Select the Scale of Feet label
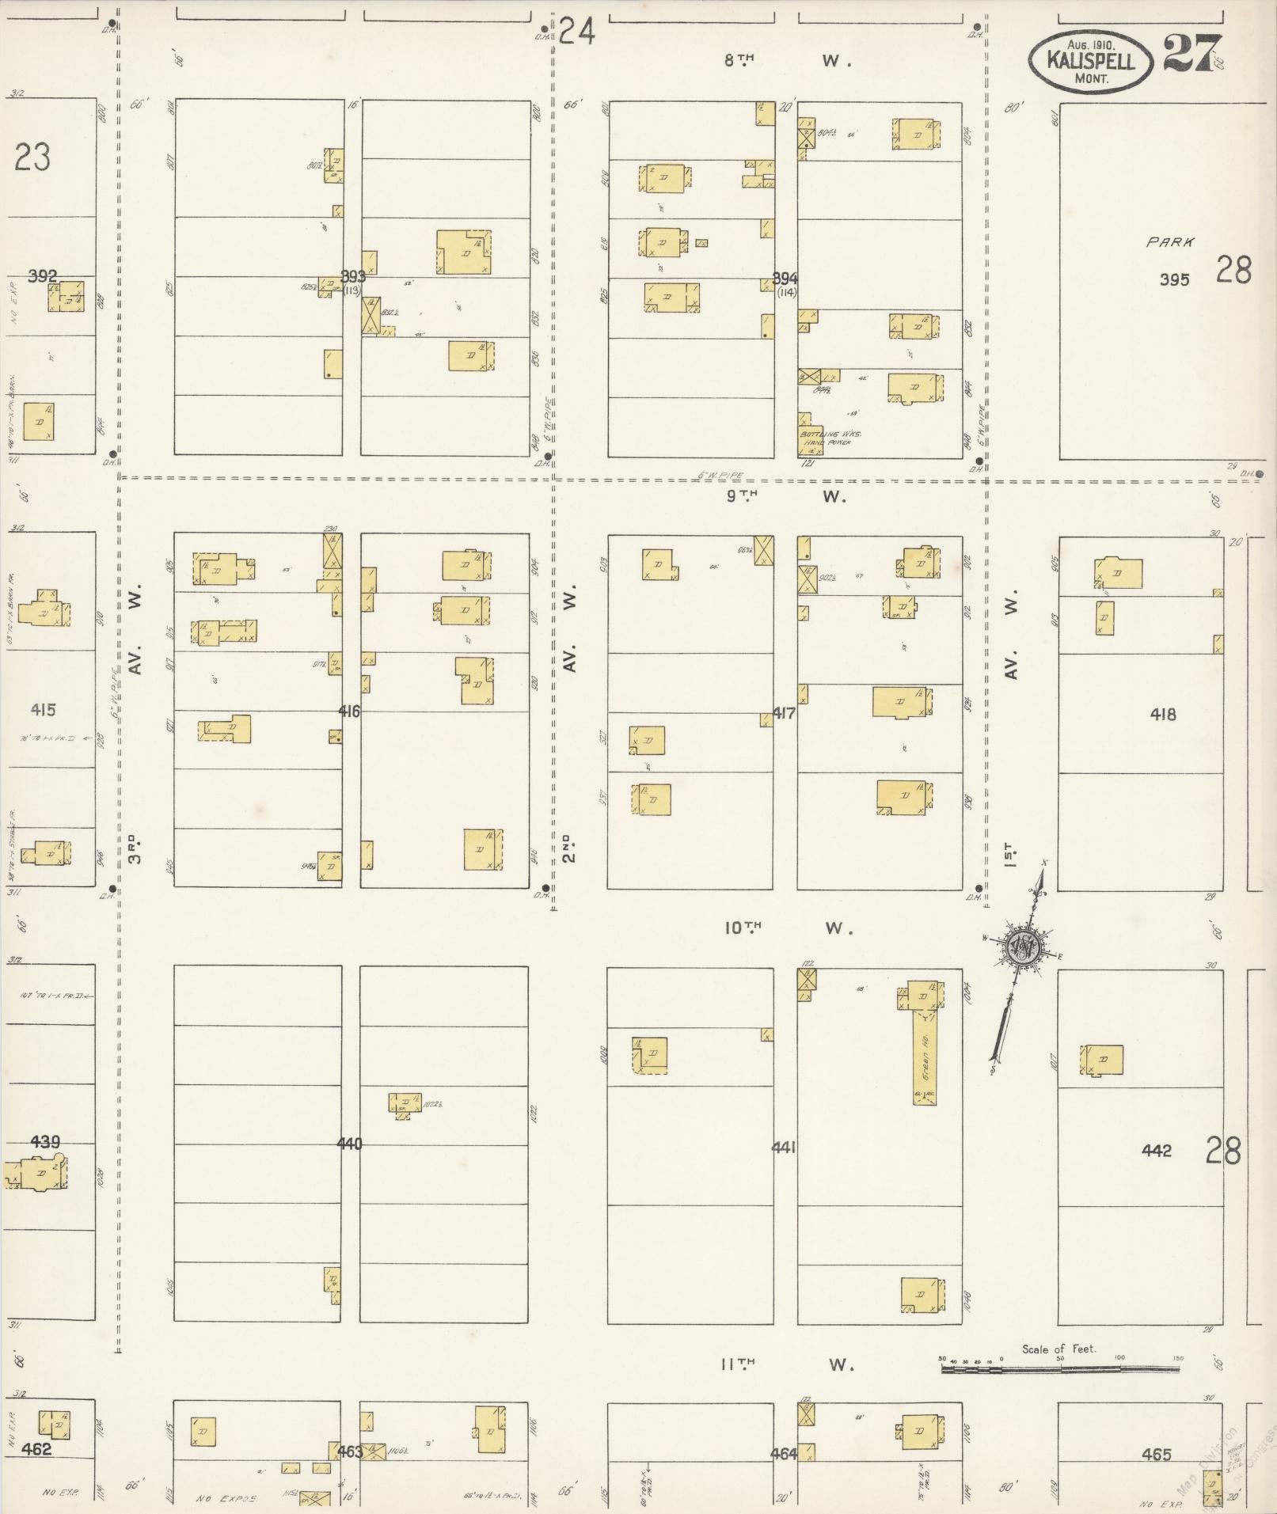[1058, 1349]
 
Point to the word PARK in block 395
[1170, 243]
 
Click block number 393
[353, 276]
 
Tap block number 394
[785, 279]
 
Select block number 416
[349, 711]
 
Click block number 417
[784, 713]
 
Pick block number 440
[349, 1144]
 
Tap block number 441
[784, 1147]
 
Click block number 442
[1156, 1151]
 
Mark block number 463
[350, 1451]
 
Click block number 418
[1162, 715]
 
